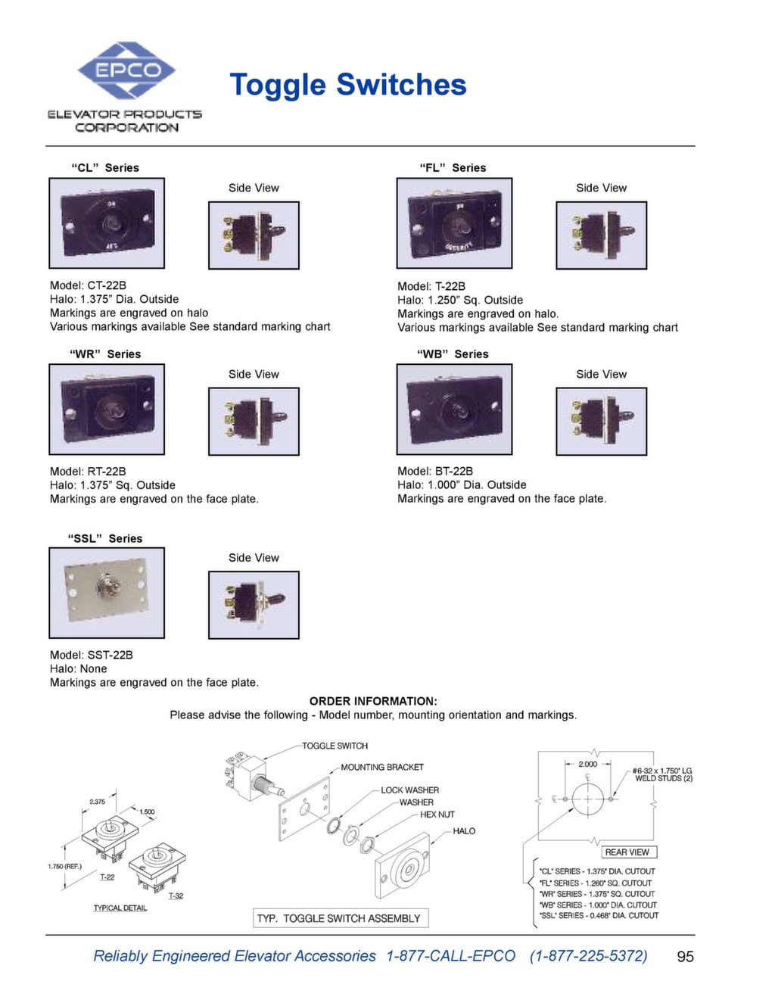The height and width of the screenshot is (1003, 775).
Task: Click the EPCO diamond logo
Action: [x=126, y=70]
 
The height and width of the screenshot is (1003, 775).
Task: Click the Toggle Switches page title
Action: [x=347, y=85]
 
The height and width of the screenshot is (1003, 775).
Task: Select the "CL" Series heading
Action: [x=105, y=168]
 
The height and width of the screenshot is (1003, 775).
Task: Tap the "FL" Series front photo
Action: [x=454, y=223]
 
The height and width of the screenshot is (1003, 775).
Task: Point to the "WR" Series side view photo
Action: [x=254, y=421]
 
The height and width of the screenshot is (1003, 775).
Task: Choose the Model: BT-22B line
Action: [x=435, y=471]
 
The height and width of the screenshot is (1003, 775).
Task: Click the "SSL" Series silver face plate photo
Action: [x=107, y=593]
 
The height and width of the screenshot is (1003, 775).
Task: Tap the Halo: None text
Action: [x=79, y=668]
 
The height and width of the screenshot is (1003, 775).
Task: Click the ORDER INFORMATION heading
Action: [x=373, y=701]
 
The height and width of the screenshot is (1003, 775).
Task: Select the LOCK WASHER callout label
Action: [x=409, y=790]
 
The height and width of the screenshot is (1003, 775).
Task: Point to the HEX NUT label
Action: [x=437, y=815]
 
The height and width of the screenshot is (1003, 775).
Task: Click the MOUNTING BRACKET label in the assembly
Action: [x=382, y=767]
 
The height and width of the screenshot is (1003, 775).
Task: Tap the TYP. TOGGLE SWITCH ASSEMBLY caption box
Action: [x=341, y=918]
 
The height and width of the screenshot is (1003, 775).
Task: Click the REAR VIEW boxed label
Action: [x=627, y=852]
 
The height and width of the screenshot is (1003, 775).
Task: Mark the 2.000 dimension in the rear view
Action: [x=587, y=764]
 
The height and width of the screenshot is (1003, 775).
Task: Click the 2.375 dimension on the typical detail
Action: [x=98, y=802]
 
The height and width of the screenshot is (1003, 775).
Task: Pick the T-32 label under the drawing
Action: [x=176, y=896]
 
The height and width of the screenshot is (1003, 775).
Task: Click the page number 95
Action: [x=685, y=957]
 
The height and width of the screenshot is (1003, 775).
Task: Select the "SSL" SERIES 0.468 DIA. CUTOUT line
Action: [x=598, y=915]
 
